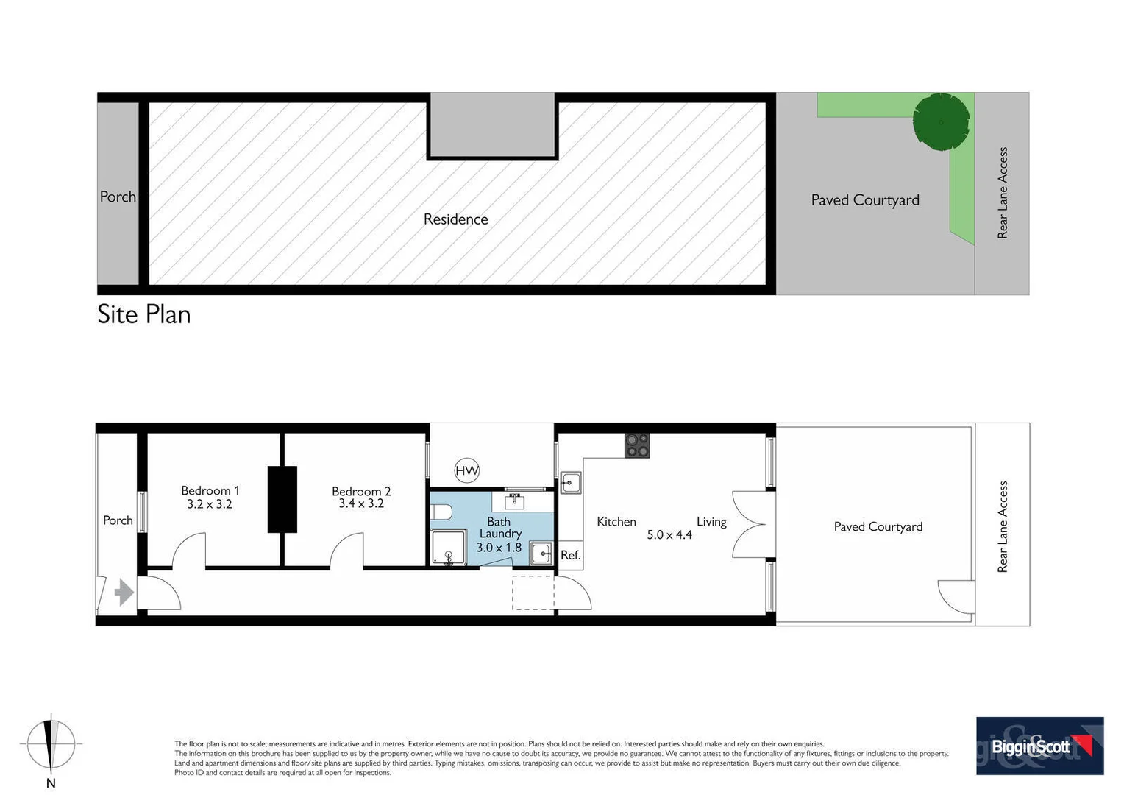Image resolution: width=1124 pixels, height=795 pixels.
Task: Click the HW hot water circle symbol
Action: click(x=466, y=470)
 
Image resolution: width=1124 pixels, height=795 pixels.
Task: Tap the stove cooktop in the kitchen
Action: click(x=637, y=445)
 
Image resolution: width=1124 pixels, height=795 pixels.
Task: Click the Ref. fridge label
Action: click(x=570, y=555)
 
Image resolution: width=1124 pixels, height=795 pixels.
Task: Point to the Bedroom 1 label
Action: click(x=210, y=490)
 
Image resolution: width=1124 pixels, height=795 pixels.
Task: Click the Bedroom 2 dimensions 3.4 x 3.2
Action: click(x=361, y=504)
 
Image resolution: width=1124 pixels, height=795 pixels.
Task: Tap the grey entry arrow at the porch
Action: click(x=124, y=592)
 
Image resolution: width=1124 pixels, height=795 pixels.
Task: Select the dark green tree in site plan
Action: click(x=941, y=121)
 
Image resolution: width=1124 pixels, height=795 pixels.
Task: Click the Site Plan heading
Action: click(x=144, y=314)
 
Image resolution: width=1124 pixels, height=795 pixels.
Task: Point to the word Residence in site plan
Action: click(x=455, y=219)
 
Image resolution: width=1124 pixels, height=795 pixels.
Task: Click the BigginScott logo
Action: click(x=1039, y=746)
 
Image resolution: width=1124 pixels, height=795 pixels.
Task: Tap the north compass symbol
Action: click(x=51, y=745)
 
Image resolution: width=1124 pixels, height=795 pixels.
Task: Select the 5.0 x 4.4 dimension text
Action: click(x=669, y=535)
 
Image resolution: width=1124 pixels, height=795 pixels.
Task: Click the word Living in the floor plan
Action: click(x=711, y=522)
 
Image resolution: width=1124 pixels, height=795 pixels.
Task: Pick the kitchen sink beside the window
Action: click(x=571, y=483)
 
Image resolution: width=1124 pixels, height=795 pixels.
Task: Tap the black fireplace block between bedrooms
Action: click(x=282, y=499)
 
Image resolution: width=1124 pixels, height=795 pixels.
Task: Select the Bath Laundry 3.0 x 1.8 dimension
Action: click(x=499, y=548)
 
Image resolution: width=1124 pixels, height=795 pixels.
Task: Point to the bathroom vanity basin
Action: click(x=513, y=502)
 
